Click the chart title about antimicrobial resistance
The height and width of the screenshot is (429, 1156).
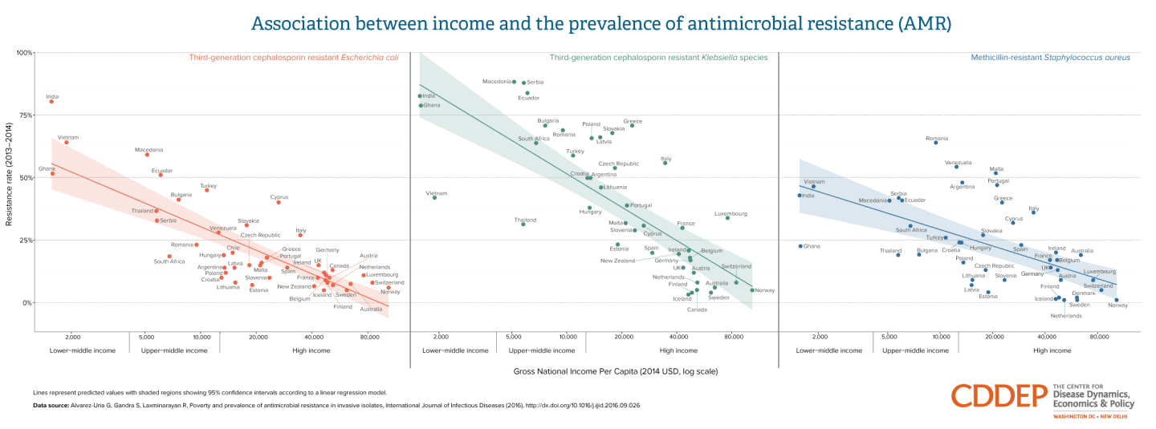[601, 22]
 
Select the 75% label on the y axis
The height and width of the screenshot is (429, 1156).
[25, 115]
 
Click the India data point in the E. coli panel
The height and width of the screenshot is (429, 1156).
[51, 101]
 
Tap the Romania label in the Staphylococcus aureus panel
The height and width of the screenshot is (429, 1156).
[936, 139]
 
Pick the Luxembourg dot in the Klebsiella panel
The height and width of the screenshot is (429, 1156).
[727, 217]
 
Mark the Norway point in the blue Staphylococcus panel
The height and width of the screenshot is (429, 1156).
[1116, 300]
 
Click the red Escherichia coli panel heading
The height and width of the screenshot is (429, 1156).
[293, 58]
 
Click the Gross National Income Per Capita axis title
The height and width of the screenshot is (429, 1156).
[615, 371]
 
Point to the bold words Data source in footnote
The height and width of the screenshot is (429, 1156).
[51, 405]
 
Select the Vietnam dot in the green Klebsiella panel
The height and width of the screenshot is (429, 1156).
[434, 197]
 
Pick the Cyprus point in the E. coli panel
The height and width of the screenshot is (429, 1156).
[279, 202]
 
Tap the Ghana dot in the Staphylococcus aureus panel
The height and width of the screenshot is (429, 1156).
[800, 246]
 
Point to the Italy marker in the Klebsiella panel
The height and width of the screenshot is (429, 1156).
[665, 163]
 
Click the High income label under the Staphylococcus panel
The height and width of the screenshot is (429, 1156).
[1052, 350]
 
